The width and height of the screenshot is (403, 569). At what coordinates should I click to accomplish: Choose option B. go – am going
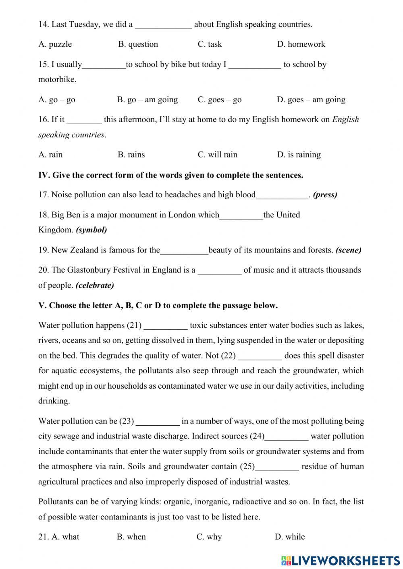click(x=147, y=99)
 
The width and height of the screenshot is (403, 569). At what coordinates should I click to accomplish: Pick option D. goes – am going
click(x=311, y=99)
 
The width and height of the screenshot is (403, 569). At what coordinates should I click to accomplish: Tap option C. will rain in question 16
click(x=217, y=155)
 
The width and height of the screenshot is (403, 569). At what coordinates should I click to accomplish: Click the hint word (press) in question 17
click(x=325, y=195)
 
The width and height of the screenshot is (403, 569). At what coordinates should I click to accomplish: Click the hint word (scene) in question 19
click(x=348, y=250)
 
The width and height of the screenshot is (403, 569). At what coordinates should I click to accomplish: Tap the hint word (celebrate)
click(x=95, y=286)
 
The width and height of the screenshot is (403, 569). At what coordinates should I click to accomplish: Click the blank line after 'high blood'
click(x=282, y=196)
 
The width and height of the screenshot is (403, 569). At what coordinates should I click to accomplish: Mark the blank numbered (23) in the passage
click(x=158, y=422)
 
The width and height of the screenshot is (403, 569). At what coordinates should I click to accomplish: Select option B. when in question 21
click(x=131, y=537)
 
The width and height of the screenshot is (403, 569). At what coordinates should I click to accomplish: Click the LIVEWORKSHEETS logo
click(x=341, y=560)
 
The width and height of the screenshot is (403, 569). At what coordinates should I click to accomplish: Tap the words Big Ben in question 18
click(x=66, y=215)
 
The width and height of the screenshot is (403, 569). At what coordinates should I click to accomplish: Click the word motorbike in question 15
click(x=57, y=79)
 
